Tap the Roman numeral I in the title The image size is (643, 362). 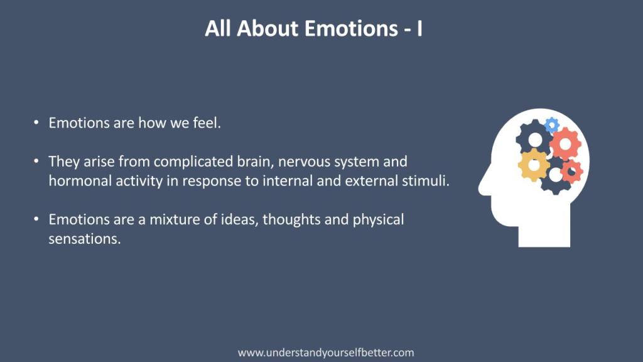tap(419, 28)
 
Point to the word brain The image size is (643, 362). tap(256, 162)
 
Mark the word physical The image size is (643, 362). tap(378, 220)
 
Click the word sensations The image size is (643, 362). tap(85, 239)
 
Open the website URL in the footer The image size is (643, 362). tap(326, 353)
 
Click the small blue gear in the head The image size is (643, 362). tap(551, 125)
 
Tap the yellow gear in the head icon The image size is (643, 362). tap(534, 165)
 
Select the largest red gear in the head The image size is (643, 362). tap(566, 144)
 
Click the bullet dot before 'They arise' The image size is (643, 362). tap(36, 162)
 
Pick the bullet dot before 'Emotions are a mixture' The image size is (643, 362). tap(36, 219)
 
